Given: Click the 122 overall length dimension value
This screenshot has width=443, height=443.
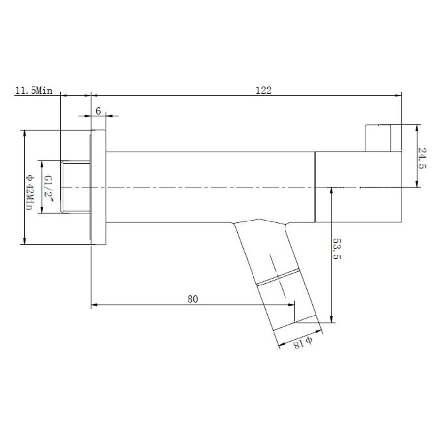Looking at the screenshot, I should [263, 90].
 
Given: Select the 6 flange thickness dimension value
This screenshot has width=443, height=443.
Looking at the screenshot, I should [98, 111].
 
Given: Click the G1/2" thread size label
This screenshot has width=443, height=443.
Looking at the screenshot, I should [48, 187].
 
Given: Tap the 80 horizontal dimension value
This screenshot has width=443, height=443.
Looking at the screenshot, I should [192, 299].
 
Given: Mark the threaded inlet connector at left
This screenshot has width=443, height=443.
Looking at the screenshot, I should [75, 187].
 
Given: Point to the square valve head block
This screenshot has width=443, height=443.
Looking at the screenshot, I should [358, 187].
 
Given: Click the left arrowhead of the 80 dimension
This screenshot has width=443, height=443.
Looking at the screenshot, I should [94, 305].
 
